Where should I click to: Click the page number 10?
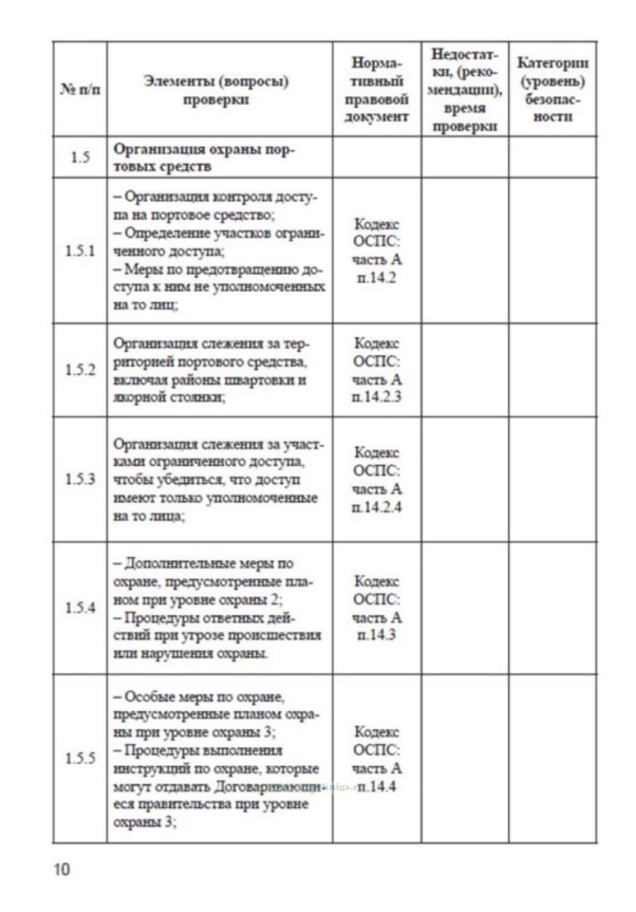pyautogui.click(x=61, y=869)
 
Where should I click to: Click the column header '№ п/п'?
pyautogui.click(x=80, y=90)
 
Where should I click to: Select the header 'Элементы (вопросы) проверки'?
pyautogui.click(x=216, y=90)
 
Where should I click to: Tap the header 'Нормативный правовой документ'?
pyautogui.click(x=376, y=90)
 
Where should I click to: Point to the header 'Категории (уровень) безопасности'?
pyautogui.click(x=552, y=90)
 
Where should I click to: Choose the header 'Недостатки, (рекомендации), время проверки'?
pyautogui.click(x=464, y=90)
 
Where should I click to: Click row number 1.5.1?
pyautogui.click(x=80, y=250)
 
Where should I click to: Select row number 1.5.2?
pyautogui.click(x=80, y=369)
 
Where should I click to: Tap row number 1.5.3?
pyautogui.click(x=80, y=479)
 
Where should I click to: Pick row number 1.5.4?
pyautogui.click(x=80, y=608)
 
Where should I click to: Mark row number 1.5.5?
pyautogui.click(x=80, y=758)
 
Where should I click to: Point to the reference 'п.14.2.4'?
pyautogui.click(x=376, y=507)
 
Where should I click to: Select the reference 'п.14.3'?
pyautogui.click(x=376, y=635)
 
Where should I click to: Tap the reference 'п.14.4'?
pyautogui.click(x=376, y=786)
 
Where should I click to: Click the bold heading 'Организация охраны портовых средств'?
pyautogui.click(x=204, y=157)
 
